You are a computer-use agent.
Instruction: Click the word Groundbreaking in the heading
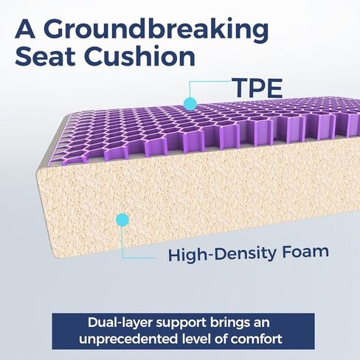coord(156,30)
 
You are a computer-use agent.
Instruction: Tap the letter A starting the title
coord(25,29)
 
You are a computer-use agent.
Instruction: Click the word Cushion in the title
coord(140,56)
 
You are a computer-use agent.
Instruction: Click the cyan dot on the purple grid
coord(190,103)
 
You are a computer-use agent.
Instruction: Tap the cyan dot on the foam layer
coord(122,220)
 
